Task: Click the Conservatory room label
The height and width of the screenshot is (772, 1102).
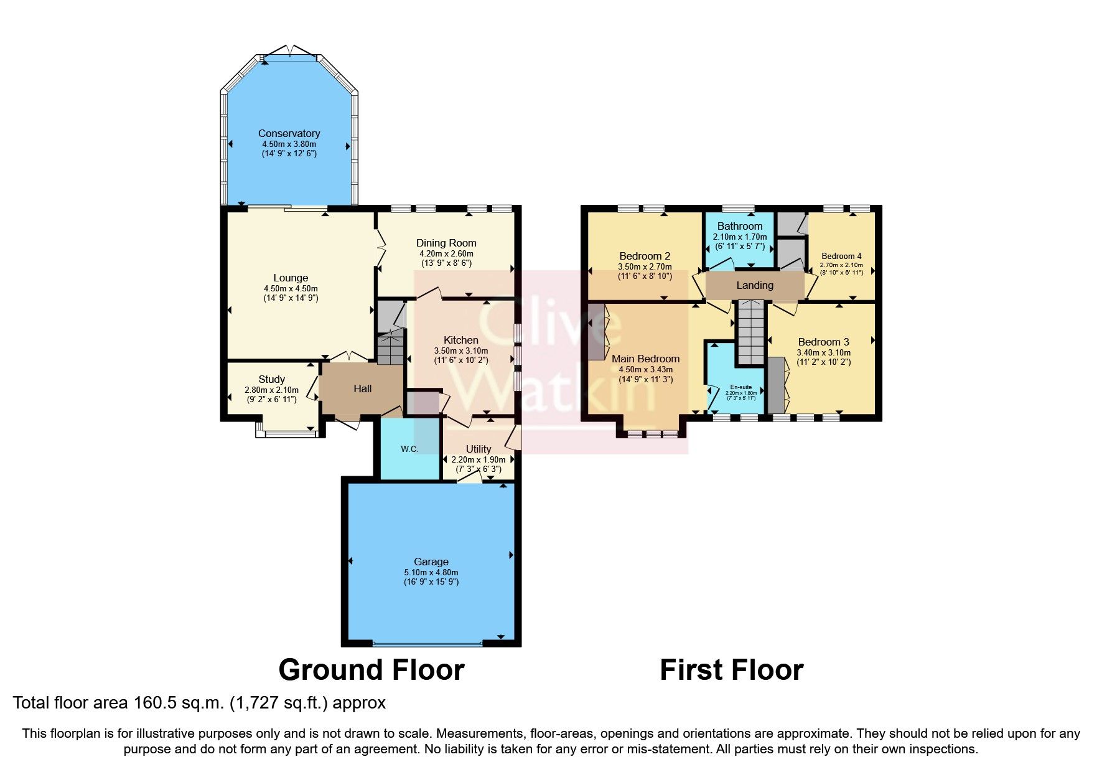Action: tap(289, 133)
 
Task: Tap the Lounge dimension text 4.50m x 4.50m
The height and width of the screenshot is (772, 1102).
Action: tap(291, 289)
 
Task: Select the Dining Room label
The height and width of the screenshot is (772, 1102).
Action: tap(446, 243)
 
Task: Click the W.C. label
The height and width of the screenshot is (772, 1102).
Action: tap(409, 449)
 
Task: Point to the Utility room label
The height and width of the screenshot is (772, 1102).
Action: tap(478, 449)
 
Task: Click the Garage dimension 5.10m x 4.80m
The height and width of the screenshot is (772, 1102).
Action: tap(431, 572)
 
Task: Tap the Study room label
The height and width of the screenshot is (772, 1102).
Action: tap(271, 379)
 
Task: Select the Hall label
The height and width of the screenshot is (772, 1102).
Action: tap(362, 388)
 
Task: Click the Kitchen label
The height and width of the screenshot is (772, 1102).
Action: tap(460, 340)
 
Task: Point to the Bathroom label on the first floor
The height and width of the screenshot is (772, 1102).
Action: tap(739, 226)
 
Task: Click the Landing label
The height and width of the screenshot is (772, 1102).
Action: tap(754, 285)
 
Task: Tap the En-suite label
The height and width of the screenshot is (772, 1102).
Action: tap(740, 387)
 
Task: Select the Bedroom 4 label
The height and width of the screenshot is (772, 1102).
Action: tap(841, 256)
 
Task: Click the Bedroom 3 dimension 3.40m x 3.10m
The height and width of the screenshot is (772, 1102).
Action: tap(823, 352)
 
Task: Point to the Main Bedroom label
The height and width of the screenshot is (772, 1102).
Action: tap(645, 359)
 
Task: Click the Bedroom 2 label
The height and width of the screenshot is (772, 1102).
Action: tap(645, 256)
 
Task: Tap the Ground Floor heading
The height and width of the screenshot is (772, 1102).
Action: tap(371, 670)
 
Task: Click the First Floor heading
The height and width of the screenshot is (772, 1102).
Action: tap(731, 670)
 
